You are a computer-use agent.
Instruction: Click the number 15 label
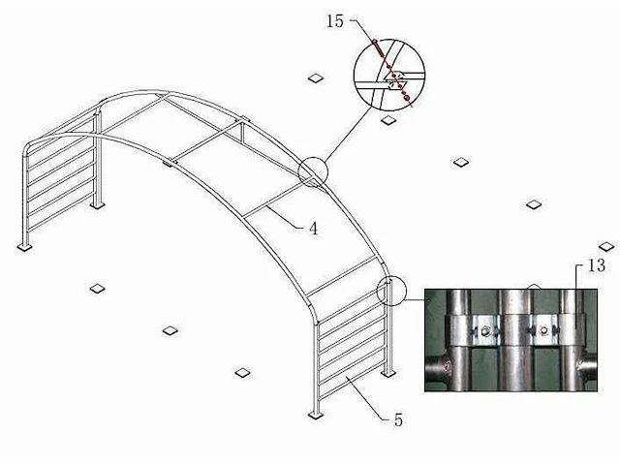click(335, 21)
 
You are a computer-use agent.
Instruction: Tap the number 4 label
click(313, 229)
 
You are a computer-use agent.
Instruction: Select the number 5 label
click(398, 419)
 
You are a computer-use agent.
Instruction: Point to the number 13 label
click(597, 265)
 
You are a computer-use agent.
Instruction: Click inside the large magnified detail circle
click(389, 75)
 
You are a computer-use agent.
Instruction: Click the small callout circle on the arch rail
click(313, 171)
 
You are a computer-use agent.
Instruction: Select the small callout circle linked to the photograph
click(391, 291)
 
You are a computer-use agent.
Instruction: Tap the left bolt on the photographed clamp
click(486, 330)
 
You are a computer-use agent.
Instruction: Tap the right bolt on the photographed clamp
click(544, 329)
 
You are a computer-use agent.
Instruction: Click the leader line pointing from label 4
click(286, 217)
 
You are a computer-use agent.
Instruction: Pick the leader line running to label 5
click(368, 398)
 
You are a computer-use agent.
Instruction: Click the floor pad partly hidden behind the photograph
click(534, 287)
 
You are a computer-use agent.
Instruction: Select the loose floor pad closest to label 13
click(606, 247)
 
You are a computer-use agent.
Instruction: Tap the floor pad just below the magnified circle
click(388, 120)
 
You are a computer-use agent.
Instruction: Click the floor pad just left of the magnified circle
click(316, 77)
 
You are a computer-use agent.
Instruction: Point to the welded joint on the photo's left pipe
click(447, 367)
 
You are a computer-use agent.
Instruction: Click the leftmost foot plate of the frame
click(24, 247)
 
